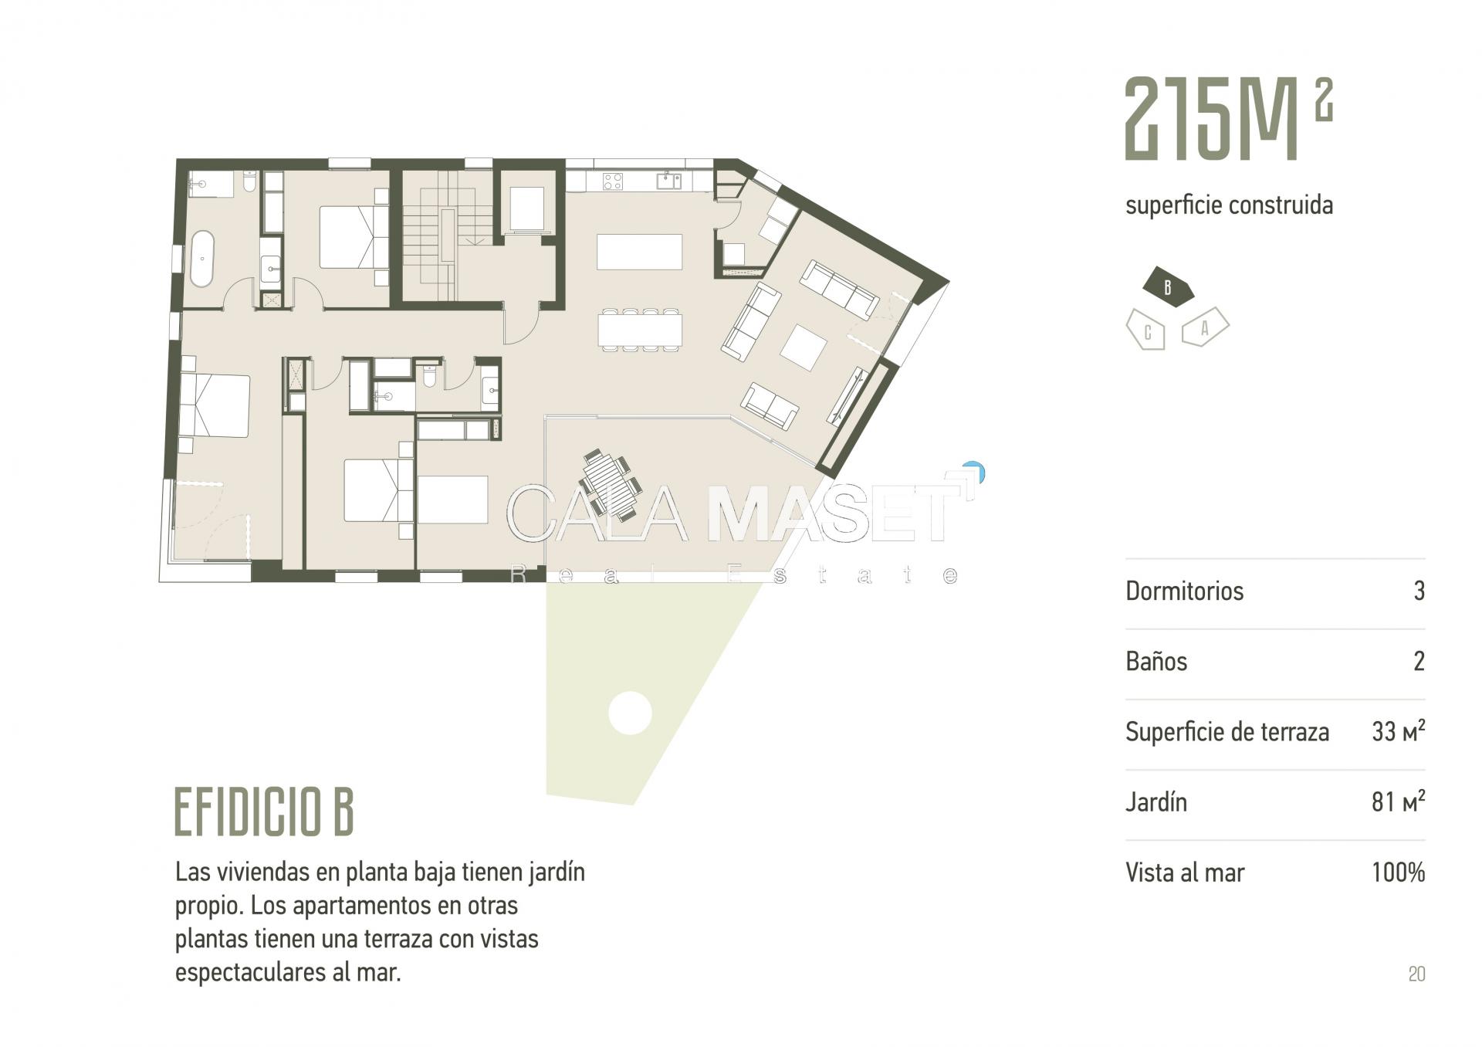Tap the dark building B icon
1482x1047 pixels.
pyautogui.click(x=1168, y=287)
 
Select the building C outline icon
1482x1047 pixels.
pyautogui.click(x=1146, y=330)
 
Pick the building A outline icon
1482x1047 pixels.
pyautogui.click(x=1205, y=327)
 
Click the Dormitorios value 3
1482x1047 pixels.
pyautogui.click(x=1419, y=591)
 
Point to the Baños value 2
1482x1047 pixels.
pyautogui.click(x=1419, y=662)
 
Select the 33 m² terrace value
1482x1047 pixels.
pyautogui.click(x=1398, y=730)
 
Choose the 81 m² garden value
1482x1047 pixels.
pyautogui.click(x=1398, y=801)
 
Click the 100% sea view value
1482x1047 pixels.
pyautogui.click(x=1398, y=872)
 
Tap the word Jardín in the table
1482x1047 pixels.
pyautogui.click(x=1156, y=802)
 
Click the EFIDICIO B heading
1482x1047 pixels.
pyautogui.click(x=264, y=812)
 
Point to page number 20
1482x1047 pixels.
pyautogui.click(x=1416, y=974)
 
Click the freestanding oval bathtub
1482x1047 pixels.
pyautogui.click(x=201, y=259)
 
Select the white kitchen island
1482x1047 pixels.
pyautogui.click(x=639, y=252)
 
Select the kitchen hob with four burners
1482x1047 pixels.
pyautogui.click(x=612, y=181)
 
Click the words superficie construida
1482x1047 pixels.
pyautogui.click(x=1229, y=205)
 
